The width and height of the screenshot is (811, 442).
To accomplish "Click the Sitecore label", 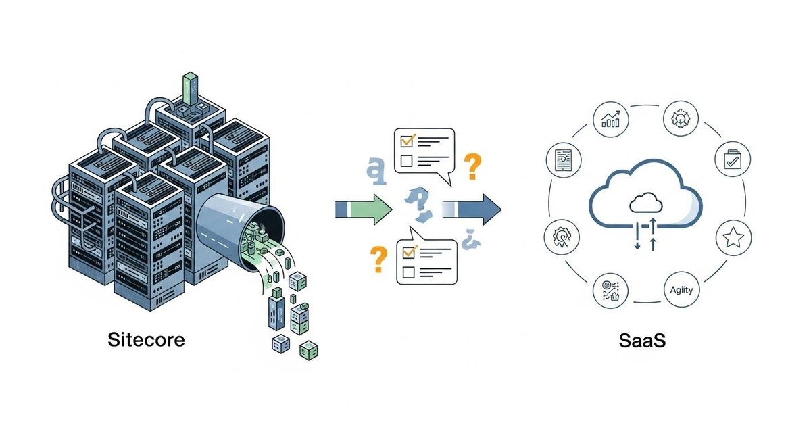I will click(146, 340).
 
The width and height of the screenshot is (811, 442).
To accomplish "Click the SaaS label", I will click(642, 340).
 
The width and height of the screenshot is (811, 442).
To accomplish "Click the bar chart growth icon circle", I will click(610, 120).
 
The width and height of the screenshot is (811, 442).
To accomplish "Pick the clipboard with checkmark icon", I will click(732, 159).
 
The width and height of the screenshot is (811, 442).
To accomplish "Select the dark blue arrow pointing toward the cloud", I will click(473, 208).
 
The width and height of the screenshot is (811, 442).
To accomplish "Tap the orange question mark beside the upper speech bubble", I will click(474, 165).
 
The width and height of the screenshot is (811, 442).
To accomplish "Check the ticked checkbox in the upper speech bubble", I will click(407, 141).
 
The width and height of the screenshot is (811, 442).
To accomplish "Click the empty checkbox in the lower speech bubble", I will click(408, 272).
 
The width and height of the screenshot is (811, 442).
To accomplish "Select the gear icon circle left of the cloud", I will click(561, 239).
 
